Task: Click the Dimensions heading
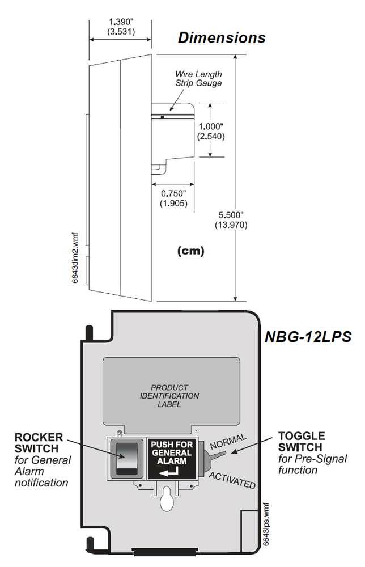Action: click(x=222, y=37)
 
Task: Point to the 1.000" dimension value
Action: click(x=211, y=126)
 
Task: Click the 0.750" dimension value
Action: click(x=174, y=193)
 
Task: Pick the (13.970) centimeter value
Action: click(x=231, y=225)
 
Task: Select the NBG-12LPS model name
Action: click(x=308, y=336)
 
